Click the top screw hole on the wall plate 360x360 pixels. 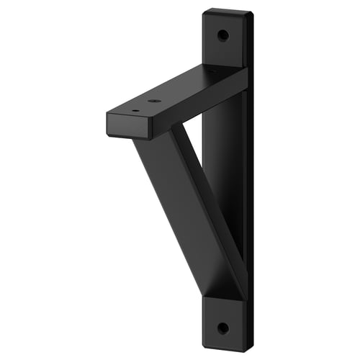click(222, 35)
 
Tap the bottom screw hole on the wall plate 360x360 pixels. click(222, 328)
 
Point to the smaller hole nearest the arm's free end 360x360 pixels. click(135, 111)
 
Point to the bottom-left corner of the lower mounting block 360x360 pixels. click(203, 346)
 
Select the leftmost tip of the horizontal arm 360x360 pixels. click(107, 115)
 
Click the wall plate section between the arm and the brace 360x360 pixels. click(223, 144)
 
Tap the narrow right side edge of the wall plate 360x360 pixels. click(248, 180)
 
